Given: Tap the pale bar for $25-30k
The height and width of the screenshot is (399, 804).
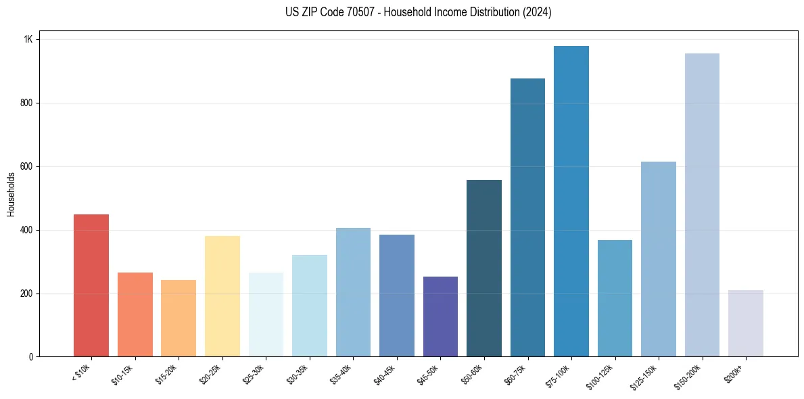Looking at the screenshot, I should pos(266,314).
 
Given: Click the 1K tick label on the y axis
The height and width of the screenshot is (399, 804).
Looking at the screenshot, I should pos(28,39).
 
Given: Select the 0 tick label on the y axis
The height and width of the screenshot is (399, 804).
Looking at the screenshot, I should pos(30,357).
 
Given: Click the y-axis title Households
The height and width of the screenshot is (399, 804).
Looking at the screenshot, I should pos(11,194).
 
